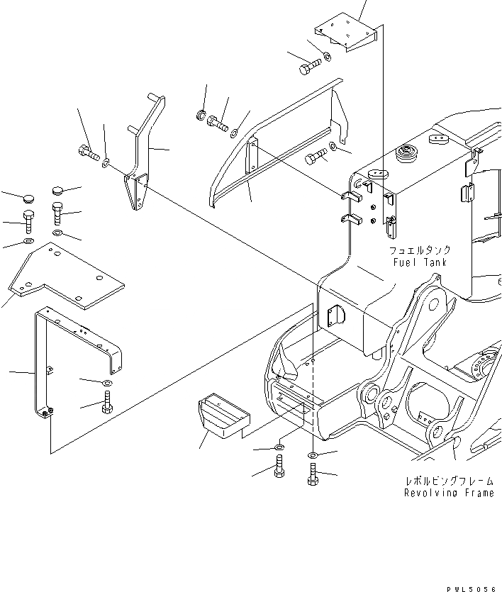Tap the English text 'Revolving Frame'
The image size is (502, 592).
click(x=449, y=493)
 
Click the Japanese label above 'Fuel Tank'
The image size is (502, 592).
click(x=420, y=250)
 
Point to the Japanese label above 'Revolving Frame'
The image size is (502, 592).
click(x=447, y=481)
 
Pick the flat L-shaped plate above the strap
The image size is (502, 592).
click(x=67, y=277)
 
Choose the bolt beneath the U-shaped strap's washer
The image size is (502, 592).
click(x=106, y=406)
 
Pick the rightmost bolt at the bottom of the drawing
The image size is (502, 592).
click(x=313, y=474)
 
